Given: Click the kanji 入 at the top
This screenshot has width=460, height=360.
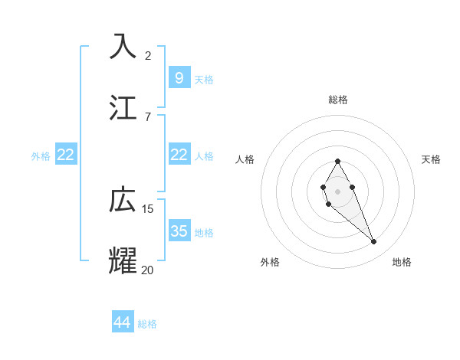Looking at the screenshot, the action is pos(123,46).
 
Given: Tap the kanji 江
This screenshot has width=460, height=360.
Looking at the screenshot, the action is pos(123,107).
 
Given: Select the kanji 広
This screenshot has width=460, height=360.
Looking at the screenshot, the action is pos(123,200).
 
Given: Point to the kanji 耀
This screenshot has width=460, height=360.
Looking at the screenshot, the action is pos(123,260).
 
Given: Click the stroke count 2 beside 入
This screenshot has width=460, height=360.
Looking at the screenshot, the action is pos(148,55).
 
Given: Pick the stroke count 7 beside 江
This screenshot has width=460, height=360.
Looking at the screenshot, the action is pos(148,116).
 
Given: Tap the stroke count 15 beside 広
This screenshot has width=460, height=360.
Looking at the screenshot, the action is pos(148,208).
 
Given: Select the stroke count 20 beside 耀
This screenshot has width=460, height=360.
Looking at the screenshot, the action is pos(148,270).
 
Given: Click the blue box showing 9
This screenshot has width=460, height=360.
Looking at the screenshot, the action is pos(179,77).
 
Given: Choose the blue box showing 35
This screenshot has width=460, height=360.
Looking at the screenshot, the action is pos(179,231).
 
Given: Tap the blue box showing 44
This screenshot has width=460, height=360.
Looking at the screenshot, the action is pos(122,322).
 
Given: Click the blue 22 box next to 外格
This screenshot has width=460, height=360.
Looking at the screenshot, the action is pos(66,155).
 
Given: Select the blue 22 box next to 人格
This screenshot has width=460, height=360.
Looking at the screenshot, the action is pos(179,155).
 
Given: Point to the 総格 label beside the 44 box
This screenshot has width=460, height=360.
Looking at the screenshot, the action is pos(147,324).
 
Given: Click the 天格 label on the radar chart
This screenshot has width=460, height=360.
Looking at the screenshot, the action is pos(431,159).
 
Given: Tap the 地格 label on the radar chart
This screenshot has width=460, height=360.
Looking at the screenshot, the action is pos(402,262).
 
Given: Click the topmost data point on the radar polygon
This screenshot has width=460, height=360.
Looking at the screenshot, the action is pos(337,161).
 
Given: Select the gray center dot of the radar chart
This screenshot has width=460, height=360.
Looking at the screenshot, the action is pos(337,190).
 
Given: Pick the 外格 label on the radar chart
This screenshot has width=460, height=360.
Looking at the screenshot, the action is pos(270,262).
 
